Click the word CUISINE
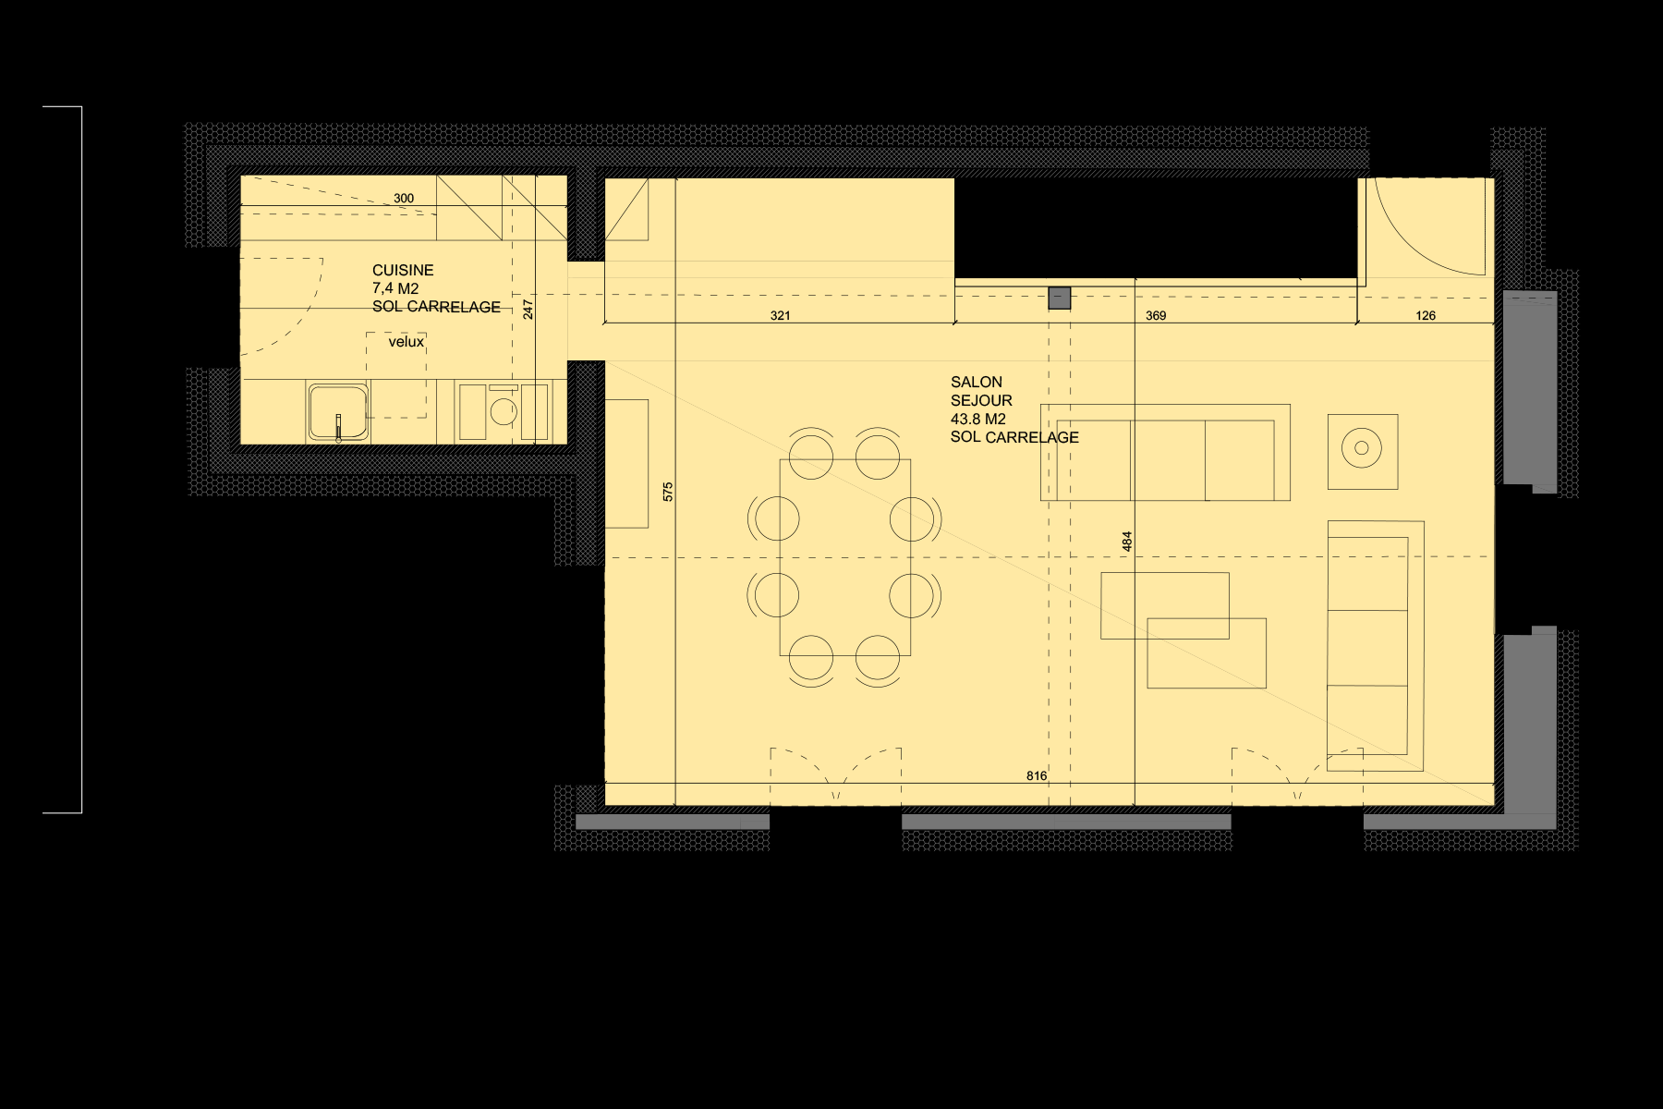point(403,270)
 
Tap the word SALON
point(976,382)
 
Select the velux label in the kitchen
point(406,342)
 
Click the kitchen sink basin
point(337,410)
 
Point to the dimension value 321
point(780,315)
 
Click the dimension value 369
point(1155,315)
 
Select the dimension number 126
point(1426,315)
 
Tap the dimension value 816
point(1037,775)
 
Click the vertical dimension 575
point(668,492)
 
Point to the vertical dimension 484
point(1127,542)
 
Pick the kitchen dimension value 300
point(404,198)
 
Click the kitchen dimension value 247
point(528,309)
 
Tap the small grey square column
point(1059,298)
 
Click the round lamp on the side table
point(1362,449)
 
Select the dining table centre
point(844,557)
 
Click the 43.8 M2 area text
point(977,419)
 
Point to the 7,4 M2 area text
point(395,288)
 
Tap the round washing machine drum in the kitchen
point(504,411)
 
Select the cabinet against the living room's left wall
point(626,463)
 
